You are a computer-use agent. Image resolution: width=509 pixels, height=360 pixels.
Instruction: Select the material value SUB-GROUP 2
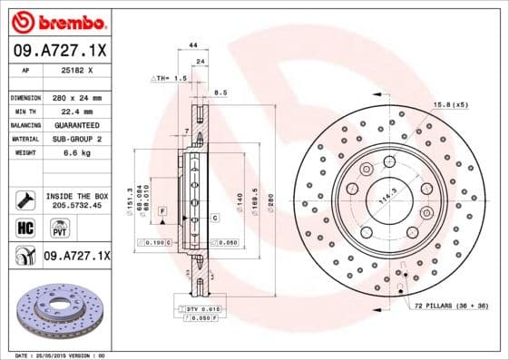[76, 139]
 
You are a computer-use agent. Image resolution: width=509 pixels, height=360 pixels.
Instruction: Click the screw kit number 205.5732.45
[76, 206]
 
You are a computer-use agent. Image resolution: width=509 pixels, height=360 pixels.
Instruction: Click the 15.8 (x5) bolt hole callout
[451, 104]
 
